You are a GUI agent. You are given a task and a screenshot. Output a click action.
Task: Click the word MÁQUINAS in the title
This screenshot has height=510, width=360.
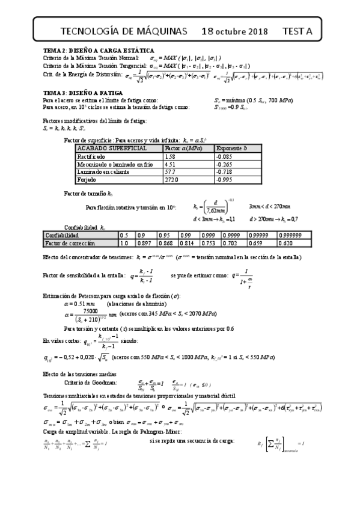tap(159, 31)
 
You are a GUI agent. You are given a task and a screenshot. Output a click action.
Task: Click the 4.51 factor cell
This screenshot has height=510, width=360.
tap(169, 164)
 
